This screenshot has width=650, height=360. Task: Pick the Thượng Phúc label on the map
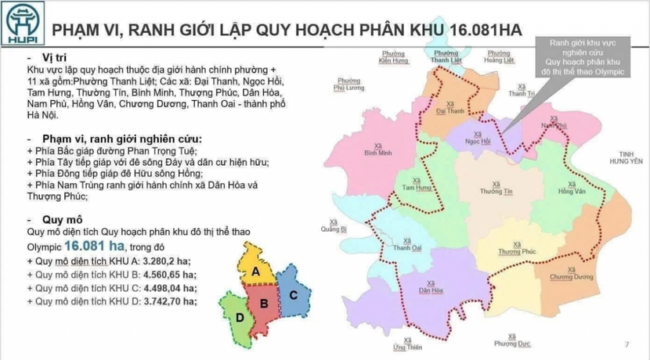click(515, 248)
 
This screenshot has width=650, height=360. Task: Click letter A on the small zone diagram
click(255, 271)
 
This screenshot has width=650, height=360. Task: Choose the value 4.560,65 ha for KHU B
click(167, 275)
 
